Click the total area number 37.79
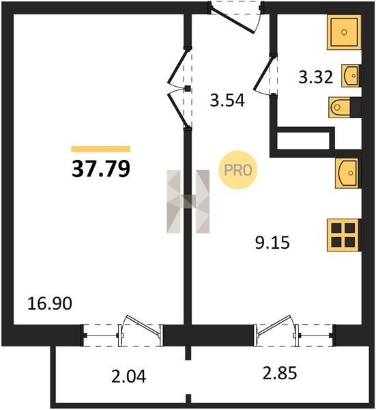click(x=101, y=169)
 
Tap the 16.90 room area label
click(x=50, y=304)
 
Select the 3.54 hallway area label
click(x=227, y=100)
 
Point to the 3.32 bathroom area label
click(x=316, y=77)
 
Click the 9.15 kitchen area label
click(x=272, y=243)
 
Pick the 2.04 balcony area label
click(x=129, y=377)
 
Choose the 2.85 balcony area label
click(x=280, y=373)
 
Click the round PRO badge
click(x=238, y=170)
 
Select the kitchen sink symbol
click(x=348, y=173)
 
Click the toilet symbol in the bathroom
click(x=345, y=107)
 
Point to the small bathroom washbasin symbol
click(x=351, y=76)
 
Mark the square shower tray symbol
click(x=344, y=32)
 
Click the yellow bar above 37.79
click(x=101, y=149)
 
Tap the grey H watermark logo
click(x=188, y=202)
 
